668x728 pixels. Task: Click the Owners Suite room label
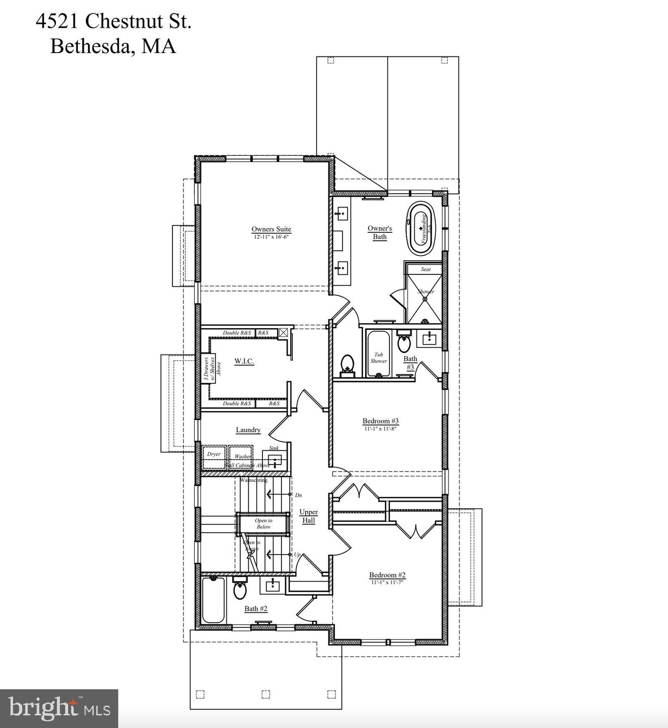tap(271, 229)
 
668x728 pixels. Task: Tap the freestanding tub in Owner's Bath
tap(421, 228)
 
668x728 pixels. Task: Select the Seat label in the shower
tap(425, 269)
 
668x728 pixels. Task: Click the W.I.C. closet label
tap(244, 361)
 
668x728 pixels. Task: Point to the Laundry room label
tap(248, 430)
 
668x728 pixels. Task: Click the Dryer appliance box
tap(214, 457)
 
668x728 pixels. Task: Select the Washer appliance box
tap(241, 457)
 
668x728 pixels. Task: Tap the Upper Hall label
tap(308, 516)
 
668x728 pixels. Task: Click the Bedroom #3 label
tap(380, 421)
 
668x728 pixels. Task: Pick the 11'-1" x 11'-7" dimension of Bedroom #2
tap(387, 582)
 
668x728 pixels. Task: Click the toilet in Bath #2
tap(240, 590)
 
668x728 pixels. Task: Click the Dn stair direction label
tap(298, 495)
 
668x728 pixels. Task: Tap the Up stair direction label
tap(297, 555)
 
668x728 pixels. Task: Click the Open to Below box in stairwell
tap(263, 524)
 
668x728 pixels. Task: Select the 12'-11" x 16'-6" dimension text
tap(271, 237)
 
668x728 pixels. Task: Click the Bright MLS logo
tap(59, 708)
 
